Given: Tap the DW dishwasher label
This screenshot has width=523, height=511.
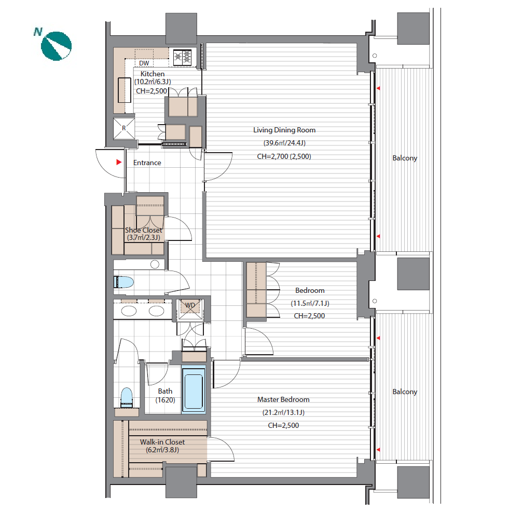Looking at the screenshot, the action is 144,63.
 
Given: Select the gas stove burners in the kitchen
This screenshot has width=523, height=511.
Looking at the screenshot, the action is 183,57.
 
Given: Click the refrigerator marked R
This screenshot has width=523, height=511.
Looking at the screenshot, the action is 124,128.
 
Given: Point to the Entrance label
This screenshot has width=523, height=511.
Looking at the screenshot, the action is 147,163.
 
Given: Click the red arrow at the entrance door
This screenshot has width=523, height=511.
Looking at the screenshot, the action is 119,162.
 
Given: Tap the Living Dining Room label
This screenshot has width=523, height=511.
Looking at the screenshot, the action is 284,130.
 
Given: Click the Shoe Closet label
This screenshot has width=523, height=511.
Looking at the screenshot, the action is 143,230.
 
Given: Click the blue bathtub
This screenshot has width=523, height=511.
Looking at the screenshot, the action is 194,389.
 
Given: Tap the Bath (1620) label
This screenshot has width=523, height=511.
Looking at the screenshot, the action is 165,395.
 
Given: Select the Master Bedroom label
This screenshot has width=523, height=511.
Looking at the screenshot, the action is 283,399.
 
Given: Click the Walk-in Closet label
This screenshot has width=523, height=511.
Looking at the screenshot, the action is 162,442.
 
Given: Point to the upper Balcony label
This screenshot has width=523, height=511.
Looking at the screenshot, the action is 405,158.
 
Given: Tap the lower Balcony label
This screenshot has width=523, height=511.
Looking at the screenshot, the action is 405,392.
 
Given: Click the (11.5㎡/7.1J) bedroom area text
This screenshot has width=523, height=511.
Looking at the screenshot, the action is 310,303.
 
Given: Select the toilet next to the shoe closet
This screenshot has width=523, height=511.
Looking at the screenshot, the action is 123,282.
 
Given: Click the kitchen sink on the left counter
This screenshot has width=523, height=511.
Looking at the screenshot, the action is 125,90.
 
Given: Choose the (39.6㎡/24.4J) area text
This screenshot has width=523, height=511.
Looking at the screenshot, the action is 284,143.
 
